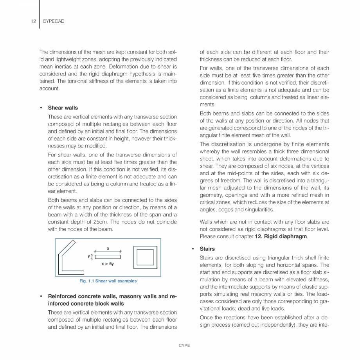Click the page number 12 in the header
[x=33, y=21]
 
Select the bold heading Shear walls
[x=63, y=108]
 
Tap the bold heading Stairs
[x=207, y=249]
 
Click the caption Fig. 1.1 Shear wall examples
[x=108, y=281]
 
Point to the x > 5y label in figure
[x=108, y=264]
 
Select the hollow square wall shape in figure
[x=146, y=257]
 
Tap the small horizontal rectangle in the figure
[x=108, y=257]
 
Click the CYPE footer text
[x=184, y=346]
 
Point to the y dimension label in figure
[x=89, y=256]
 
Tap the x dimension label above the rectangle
[x=108, y=248]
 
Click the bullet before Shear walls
[x=41, y=108]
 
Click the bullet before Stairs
[x=193, y=249]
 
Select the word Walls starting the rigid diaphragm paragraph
[x=207, y=222]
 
